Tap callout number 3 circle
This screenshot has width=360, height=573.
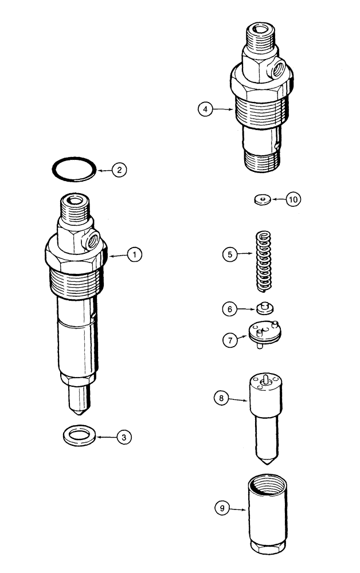coord(123,437)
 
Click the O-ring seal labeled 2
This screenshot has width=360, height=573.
coord(71,170)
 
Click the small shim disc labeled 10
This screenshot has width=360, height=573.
coord(262,199)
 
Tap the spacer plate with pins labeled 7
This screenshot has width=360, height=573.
coord(266,335)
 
